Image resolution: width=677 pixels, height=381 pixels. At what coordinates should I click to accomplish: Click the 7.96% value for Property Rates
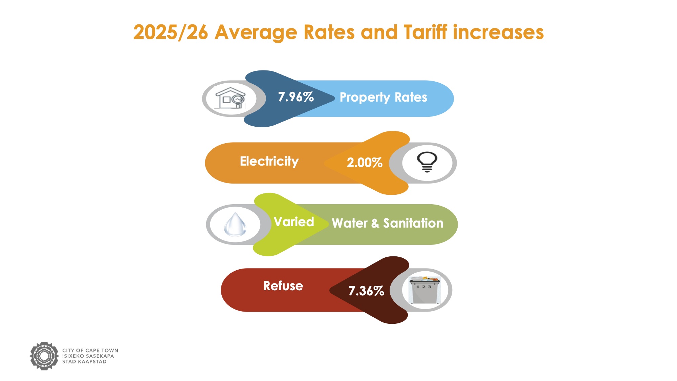click(296, 97)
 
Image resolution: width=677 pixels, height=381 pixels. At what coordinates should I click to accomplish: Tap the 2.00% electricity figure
click(365, 163)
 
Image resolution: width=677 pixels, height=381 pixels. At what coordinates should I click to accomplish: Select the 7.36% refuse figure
click(366, 291)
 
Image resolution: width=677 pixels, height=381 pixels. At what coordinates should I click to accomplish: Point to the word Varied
click(294, 222)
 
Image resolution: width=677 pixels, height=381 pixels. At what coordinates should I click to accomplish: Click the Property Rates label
click(383, 98)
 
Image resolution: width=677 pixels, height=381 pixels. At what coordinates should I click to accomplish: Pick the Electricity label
click(269, 161)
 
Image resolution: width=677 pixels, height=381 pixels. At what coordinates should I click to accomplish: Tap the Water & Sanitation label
click(387, 223)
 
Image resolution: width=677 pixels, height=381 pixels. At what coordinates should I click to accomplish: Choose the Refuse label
click(283, 286)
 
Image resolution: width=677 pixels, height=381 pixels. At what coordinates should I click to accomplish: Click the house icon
click(230, 98)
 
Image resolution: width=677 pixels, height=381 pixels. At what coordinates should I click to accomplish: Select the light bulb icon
click(427, 162)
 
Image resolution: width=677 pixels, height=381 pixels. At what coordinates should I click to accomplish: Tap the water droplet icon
click(235, 224)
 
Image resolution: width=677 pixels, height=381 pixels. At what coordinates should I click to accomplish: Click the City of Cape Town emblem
click(44, 356)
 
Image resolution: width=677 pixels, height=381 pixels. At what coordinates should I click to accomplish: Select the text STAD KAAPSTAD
click(84, 362)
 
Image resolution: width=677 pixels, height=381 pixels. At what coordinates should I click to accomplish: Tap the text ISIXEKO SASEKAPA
click(88, 356)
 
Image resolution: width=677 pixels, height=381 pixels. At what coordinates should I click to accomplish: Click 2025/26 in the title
click(170, 33)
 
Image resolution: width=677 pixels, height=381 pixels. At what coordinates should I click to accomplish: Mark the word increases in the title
click(498, 33)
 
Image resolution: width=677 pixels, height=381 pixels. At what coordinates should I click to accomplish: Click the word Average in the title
click(256, 33)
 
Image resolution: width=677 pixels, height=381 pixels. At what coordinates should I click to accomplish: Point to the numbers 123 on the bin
click(424, 287)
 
